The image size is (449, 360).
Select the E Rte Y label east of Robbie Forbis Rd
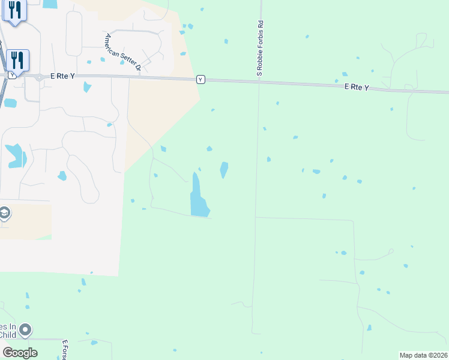[357, 88]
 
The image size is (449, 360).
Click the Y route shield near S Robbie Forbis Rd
[200, 79]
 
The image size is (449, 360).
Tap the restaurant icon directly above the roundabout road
[17, 59]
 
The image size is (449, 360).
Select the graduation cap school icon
[4, 214]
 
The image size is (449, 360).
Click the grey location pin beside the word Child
[25, 329]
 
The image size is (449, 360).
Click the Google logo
[19, 353]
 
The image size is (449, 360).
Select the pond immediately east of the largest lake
[224, 169]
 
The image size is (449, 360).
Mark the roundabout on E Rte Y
[38, 77]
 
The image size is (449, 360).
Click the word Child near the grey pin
[8, 335]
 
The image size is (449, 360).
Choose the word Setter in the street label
[124, 55]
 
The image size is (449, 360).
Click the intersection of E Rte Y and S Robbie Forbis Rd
[259, 82]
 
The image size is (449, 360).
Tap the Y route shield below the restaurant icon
[12, 76]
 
